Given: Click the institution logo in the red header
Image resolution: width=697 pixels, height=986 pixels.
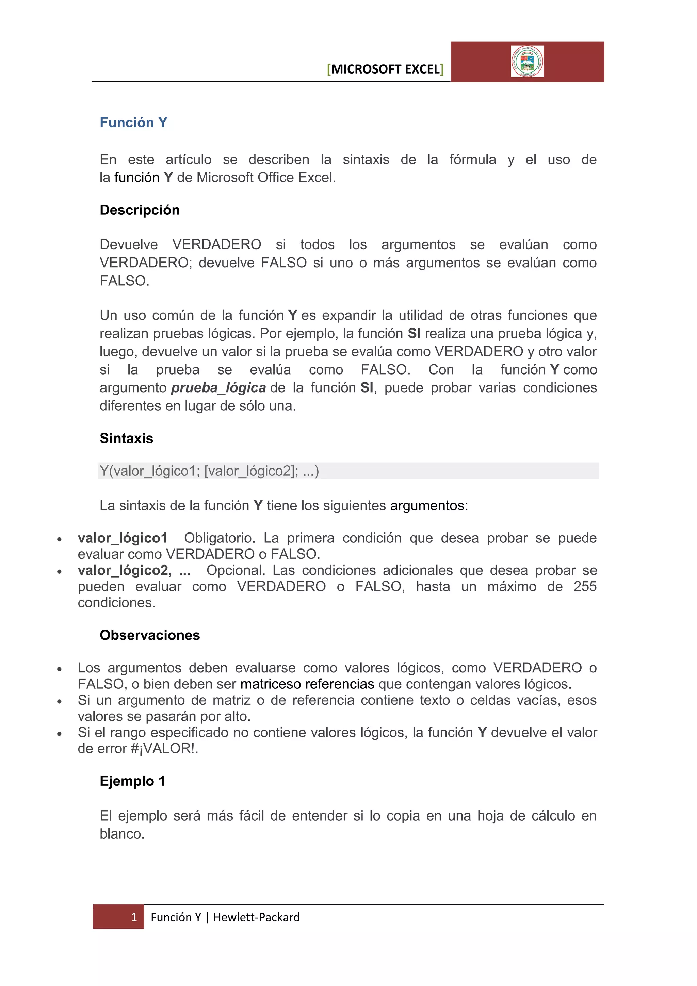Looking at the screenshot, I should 527,61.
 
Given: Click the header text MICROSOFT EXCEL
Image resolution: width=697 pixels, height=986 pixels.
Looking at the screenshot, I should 385,69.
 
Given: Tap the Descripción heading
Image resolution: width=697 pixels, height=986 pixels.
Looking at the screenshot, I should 140,210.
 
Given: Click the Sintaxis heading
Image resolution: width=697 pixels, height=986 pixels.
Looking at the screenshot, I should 126,438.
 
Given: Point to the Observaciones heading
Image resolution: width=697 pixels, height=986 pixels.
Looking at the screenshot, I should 150,635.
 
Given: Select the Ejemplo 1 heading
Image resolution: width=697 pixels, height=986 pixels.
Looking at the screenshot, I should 132,781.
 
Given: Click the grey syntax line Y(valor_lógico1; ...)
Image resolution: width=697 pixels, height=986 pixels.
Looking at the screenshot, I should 209,471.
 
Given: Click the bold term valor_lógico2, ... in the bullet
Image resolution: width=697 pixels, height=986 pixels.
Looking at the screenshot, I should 134,570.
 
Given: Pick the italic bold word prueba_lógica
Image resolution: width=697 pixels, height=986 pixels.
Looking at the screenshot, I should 218,388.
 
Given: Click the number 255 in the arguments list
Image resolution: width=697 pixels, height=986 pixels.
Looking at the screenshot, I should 585,586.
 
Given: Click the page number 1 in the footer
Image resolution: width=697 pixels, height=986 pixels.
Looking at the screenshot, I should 134,917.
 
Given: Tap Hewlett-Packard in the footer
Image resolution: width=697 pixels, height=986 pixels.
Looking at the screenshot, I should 256,917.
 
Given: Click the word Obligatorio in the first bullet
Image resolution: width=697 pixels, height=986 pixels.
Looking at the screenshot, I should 219,538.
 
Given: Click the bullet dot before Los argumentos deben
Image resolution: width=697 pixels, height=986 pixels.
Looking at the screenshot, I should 60,669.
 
